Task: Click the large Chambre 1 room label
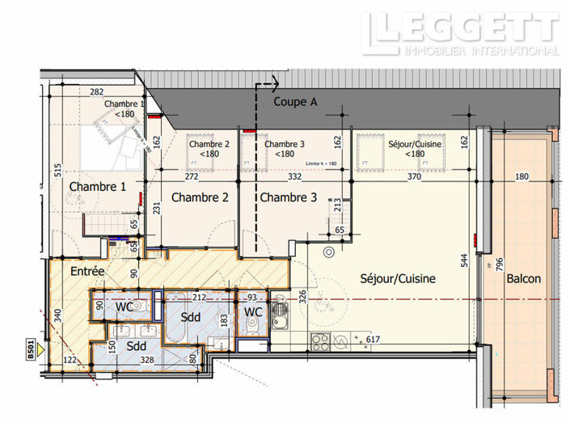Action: (97, 187)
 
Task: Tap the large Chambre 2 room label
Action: (200, 197)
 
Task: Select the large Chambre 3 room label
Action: (289, 197)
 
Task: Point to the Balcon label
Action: (524, 279)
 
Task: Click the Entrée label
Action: (87, 272)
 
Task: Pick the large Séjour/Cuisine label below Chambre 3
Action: (398, 279)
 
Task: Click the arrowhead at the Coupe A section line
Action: (274, 82)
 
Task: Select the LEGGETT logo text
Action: (461, 30)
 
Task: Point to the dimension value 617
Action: (373, 339)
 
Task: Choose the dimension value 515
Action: (57, 171)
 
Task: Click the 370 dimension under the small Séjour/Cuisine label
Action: (415, 176)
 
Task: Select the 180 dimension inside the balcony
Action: (521, 177)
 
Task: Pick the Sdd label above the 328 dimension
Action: (136, 345)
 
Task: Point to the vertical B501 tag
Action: (31, 349)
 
